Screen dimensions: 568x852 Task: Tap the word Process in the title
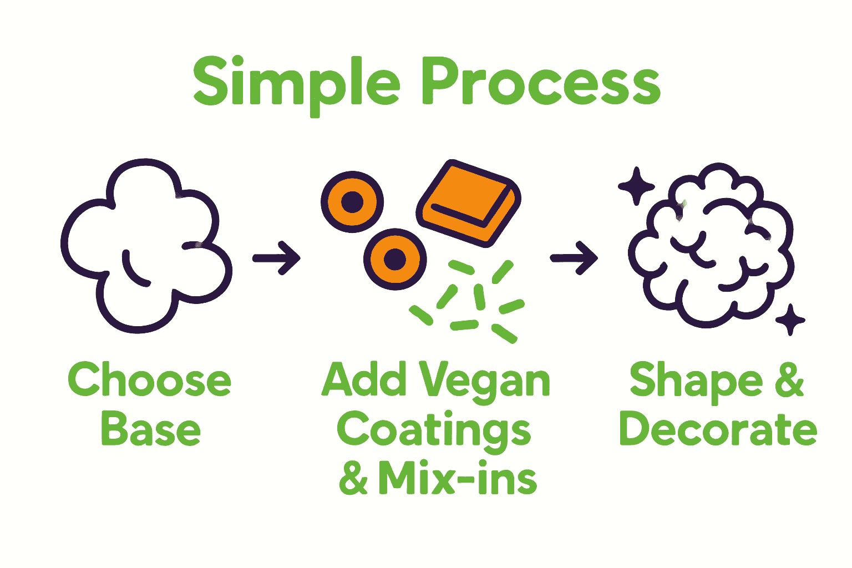(x=541, y=83)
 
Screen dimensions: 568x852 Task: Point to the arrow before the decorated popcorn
(x=574, y=258)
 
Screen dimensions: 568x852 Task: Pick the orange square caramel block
(x=469, y=203)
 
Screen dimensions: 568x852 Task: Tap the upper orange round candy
(x=352, y=202)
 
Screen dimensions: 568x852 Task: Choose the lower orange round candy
(x=395, y=258)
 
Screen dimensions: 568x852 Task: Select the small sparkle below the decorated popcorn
(x=790, y=319)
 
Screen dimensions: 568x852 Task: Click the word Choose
(x=149, y=380)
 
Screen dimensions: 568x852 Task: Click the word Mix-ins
(x=458, y=479)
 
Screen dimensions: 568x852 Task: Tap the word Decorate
(x=718, y=430)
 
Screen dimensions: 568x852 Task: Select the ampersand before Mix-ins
(x=354, y=479)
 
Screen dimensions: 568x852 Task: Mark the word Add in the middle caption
(x=364, y=380)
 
